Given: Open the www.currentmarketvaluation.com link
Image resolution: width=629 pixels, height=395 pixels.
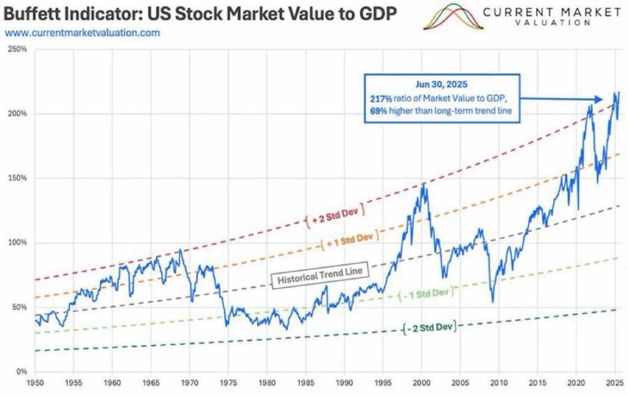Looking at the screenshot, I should tap(82, 33).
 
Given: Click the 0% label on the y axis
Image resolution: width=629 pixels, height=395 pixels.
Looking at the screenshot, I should tap(21, 372).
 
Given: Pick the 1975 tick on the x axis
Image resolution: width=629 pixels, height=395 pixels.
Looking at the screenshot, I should tap(228, 383).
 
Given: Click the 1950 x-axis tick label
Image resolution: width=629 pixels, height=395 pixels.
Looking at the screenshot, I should tap(35, 383).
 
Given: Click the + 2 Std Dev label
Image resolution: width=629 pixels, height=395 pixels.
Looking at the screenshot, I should tap(335, 213).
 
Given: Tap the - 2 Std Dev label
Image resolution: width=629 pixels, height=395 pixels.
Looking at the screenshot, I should tap(432, 327).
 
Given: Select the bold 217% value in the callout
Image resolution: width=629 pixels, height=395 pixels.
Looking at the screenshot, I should tap(379, 99).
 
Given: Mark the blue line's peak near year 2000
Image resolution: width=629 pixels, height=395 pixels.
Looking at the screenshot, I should tap(422, 183).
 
